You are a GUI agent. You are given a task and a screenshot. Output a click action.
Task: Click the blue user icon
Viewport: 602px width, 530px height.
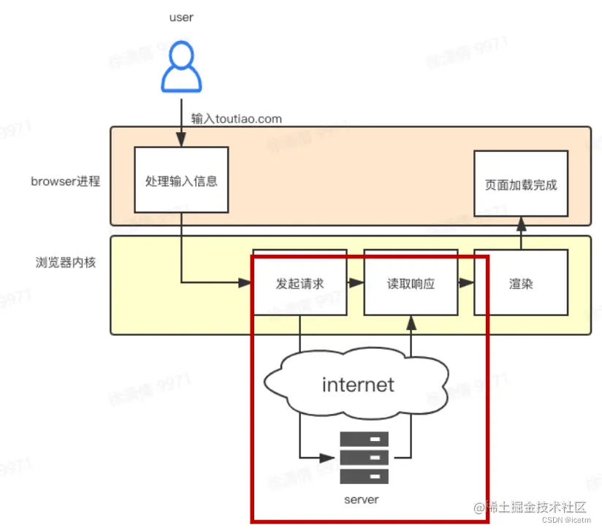pyautogui.click(x=180, y=68)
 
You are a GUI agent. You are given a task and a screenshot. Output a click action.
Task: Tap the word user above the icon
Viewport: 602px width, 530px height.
pyautogui.click(x=180, y=17)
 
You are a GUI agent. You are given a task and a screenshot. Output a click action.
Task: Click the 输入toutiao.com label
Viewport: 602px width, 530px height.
pyautogui.click(x=236, y=118)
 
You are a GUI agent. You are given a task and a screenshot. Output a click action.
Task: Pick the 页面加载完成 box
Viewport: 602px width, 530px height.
pyautogui.click(x=521, y=184)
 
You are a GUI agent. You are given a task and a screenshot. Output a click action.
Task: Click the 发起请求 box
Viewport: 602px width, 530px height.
pyautogui.click(x=300, y=283)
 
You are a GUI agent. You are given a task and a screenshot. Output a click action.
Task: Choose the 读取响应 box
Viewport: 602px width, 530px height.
pyautogui.click(x=411, y=283)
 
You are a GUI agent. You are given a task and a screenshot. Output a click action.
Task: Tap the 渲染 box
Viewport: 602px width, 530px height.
pyautogui.click(x=521, y=283)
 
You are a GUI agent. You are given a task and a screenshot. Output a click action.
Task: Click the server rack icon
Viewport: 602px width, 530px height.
pyautogui.click(x=365, y=458)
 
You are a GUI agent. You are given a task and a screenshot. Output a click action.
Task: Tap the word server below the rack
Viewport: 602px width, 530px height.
pyautogui.click(x=362, y=499)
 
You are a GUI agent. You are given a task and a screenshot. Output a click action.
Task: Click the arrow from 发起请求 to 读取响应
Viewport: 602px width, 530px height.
pyautogui.click(x=355, y=283)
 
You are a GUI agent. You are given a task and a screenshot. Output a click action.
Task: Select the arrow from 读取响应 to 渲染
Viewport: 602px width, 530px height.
pyautogui.click(x=465, y=283)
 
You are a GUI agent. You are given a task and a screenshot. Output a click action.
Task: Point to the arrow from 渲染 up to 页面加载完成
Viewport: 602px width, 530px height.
pyautogui.click(x=521, y=233)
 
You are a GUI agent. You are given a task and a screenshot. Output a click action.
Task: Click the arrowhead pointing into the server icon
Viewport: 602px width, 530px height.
pyautogui.click(x=333, y=458)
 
